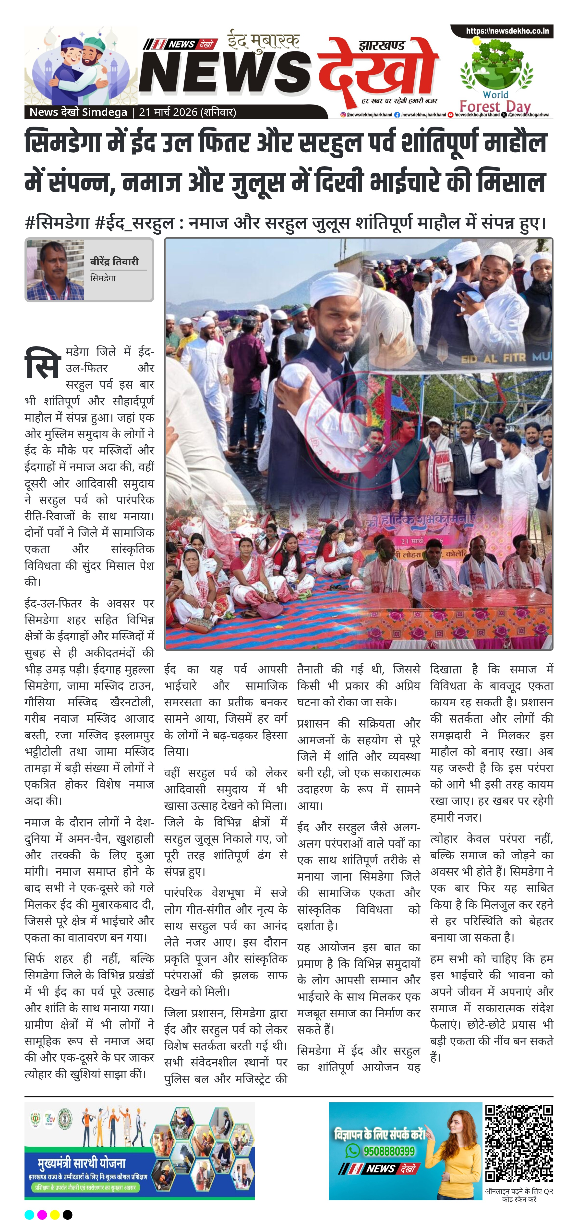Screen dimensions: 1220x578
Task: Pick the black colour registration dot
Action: (68, 1210)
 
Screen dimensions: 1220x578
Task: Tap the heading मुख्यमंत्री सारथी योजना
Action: (82, 1163)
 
